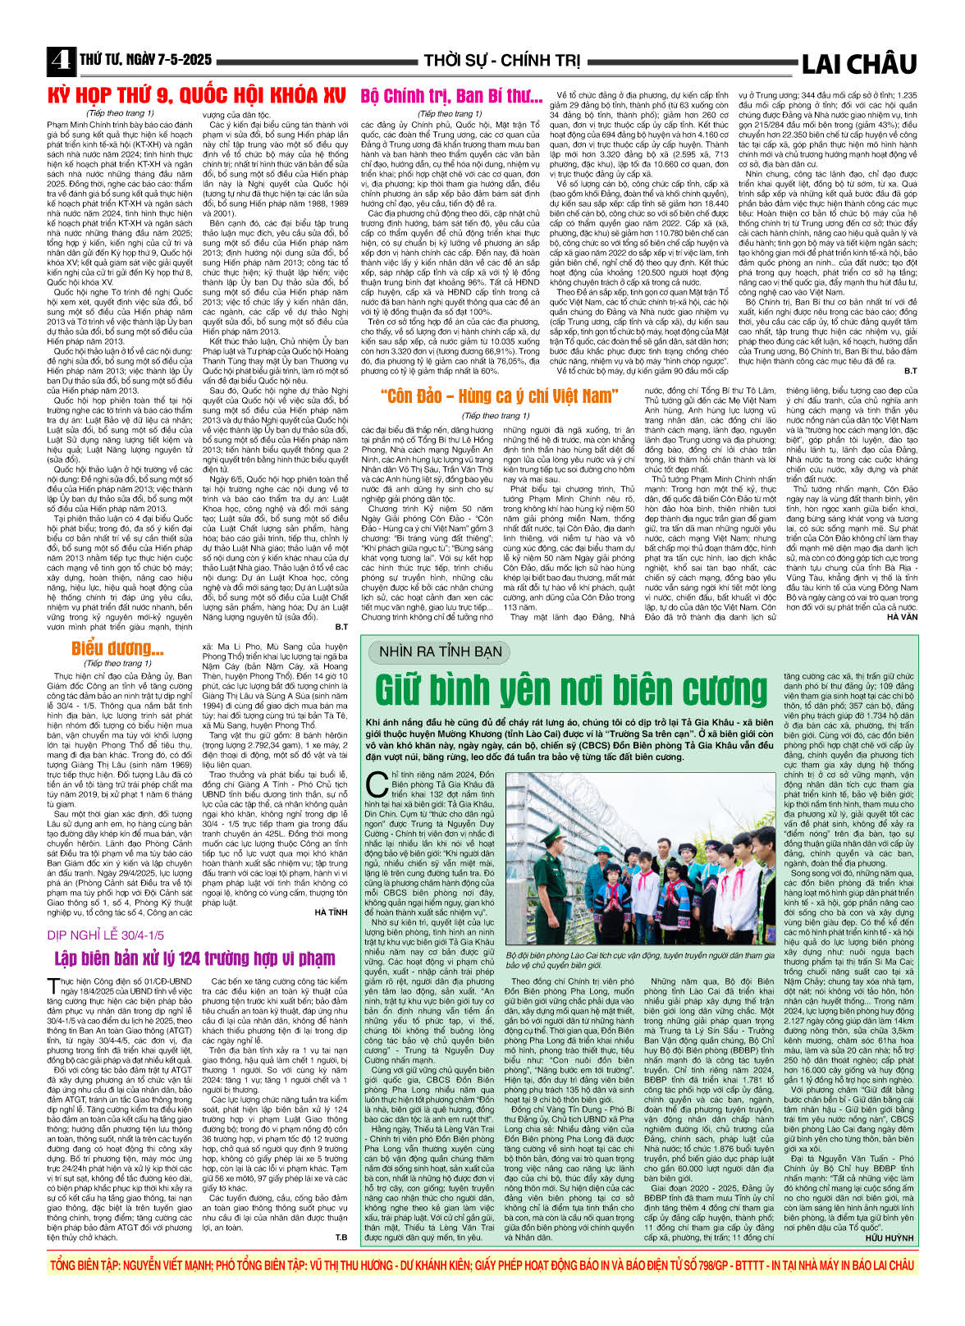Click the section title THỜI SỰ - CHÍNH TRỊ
pos(501,61)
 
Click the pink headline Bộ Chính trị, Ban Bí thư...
pos(452,97)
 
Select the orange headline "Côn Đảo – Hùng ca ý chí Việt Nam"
pos(498,396)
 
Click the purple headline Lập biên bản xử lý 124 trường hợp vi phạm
pos(194,958)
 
